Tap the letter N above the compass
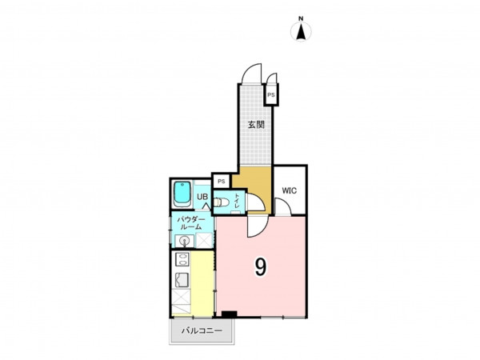tap(302, 19)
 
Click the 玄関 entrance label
tap(256, 125)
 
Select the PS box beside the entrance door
tap(271, 95)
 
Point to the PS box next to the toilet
tap(222, 182)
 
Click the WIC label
tap(290, 190)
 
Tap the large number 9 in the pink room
tap(261, 267)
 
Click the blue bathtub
tap(182, 194)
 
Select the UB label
tap(202, 197)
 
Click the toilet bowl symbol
tap(221, 202)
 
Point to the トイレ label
tap(238, 201)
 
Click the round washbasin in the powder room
tap(184, 241)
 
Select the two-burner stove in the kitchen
tap(182, 259)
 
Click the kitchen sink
tap(182, 280)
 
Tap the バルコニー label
tap(202, 331)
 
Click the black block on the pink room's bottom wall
tap(230, 314)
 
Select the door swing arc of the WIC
tap(283, 206)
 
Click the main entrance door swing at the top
tap(252, 74)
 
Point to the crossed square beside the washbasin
tap(204, 240)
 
